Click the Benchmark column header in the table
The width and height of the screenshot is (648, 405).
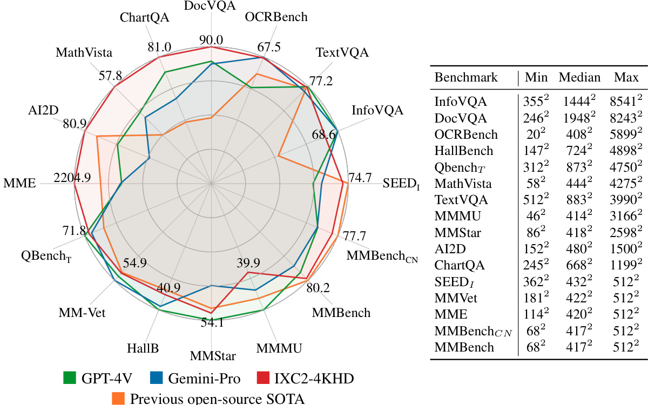coord(466,77)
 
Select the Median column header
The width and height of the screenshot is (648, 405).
coord(579,77)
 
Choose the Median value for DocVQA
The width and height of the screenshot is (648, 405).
coord(579,118)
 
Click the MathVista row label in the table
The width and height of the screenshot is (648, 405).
coord(463,183)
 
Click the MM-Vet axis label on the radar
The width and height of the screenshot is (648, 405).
coord(82,313)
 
